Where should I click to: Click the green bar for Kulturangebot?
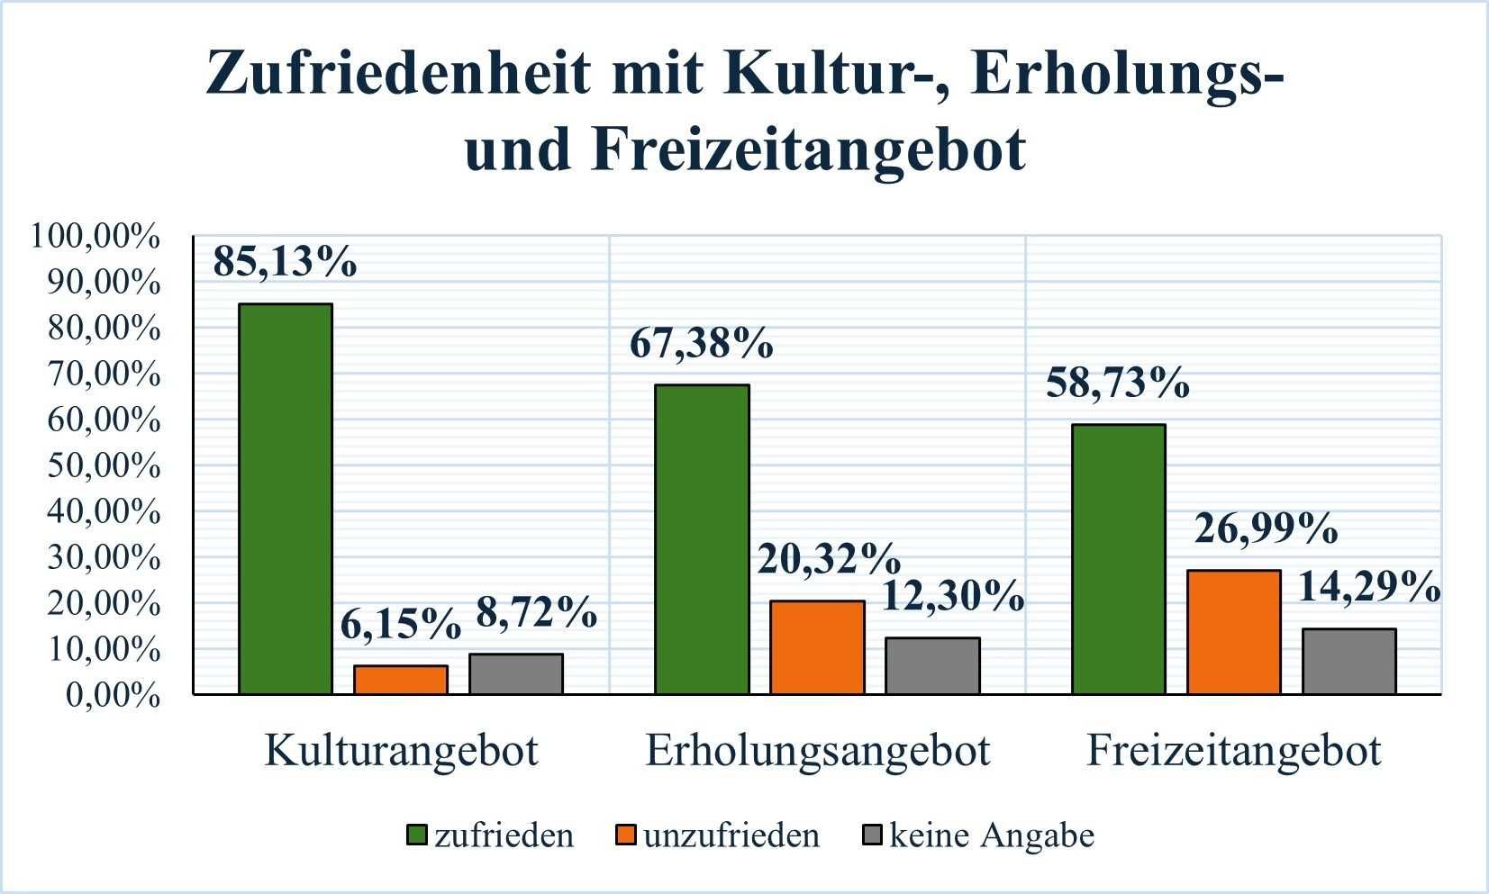(286, 499)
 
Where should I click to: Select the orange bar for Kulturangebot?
(401, 680)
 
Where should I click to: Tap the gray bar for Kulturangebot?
(516, 673)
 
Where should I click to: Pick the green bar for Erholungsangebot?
(702, 539)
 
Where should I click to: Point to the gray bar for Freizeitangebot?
(1349, 661)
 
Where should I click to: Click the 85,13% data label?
(285, 261)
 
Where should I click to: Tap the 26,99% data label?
(1266, 528)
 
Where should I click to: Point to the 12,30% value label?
(952, 595)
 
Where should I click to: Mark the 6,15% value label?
(400, 623)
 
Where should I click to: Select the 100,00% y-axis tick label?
(96, 237)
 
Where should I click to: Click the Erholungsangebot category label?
(818, 751)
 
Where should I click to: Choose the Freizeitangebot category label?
(1234, 751)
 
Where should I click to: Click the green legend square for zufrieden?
(416, 835)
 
